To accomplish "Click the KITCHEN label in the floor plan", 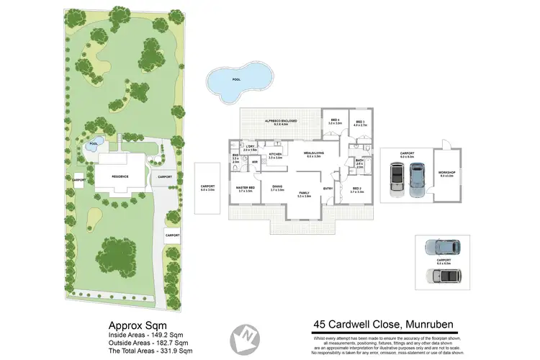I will point(275,155).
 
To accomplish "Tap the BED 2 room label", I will point(358,189).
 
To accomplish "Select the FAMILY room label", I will point(304,193).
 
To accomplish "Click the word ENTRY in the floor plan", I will point(328,189).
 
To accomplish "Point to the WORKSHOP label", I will point(446,173).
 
